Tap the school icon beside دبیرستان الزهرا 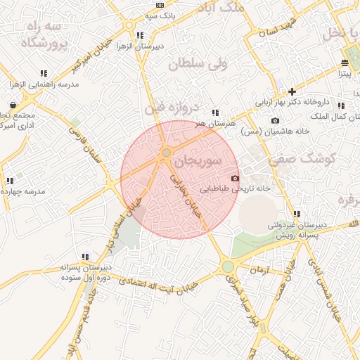tap(141, 35)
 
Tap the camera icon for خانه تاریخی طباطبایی tap(235, 179)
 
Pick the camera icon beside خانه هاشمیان tap(275, 120)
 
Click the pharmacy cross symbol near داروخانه tap(292, 91)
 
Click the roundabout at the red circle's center tap(167, 152)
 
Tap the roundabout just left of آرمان tap(228, 267)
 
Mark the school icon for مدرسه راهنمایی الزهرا tap(44, 73)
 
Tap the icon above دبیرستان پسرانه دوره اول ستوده tap(85, 257)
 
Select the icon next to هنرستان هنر tap(214, 112)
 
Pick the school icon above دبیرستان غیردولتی tap(297, 214)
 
